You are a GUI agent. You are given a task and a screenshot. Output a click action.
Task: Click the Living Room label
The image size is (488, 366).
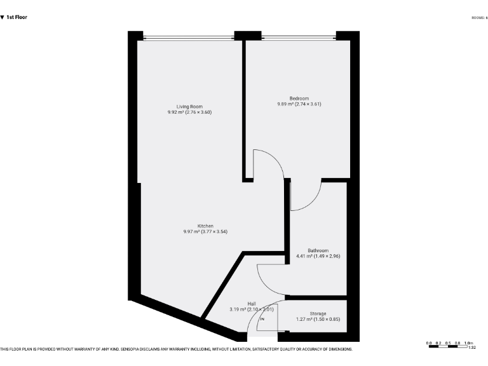tap(189, 106)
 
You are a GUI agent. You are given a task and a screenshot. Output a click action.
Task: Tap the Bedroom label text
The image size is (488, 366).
tap(299, 98)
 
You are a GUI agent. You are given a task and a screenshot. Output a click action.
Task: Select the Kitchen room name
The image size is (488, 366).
tap(205, 226)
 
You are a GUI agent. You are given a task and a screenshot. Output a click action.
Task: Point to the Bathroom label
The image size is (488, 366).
tap(318, 250)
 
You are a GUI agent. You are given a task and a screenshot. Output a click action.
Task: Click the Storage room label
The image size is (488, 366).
tap(318, 313)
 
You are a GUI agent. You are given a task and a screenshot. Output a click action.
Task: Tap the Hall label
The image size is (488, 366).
tap(251, 304)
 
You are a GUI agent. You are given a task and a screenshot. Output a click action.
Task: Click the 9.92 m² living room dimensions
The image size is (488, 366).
tap(189, 112)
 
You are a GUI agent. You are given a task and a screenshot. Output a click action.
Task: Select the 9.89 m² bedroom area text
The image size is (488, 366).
tap(299, 104)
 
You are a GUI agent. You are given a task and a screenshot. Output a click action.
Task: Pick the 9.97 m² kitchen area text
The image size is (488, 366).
tap(205, 231)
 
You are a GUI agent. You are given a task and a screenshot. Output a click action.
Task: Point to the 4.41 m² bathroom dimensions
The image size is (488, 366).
tap(318, 256)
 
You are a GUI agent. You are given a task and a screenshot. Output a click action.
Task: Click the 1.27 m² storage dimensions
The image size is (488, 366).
tap(318, 319)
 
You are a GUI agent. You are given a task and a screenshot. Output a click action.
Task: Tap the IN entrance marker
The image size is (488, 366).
tap(262, 319)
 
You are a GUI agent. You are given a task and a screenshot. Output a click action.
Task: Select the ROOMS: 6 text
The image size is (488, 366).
tap(479, 18)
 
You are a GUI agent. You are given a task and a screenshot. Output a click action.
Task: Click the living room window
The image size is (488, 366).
tap(188, 37)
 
